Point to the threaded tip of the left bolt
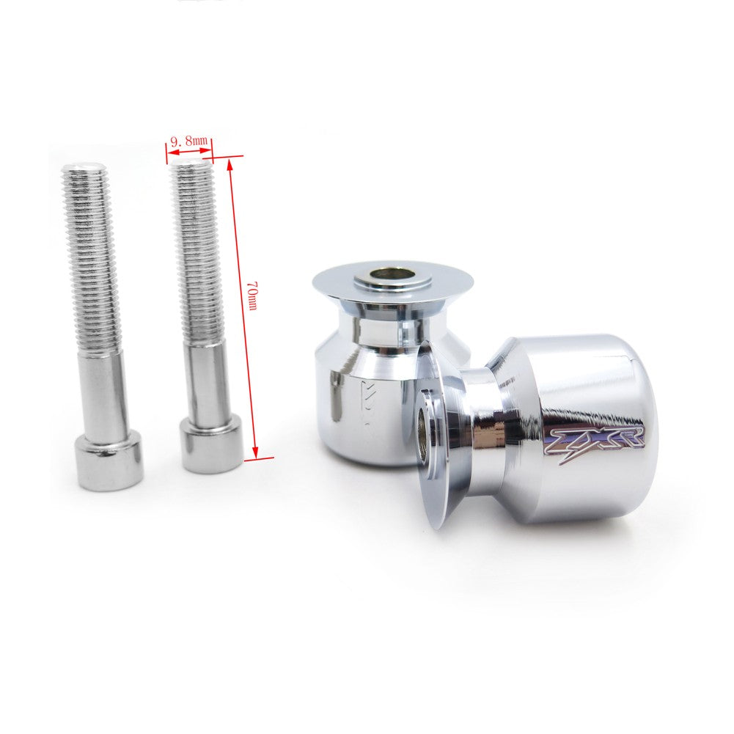[x=84, y=171]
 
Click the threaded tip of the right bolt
[x=192, y=166]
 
